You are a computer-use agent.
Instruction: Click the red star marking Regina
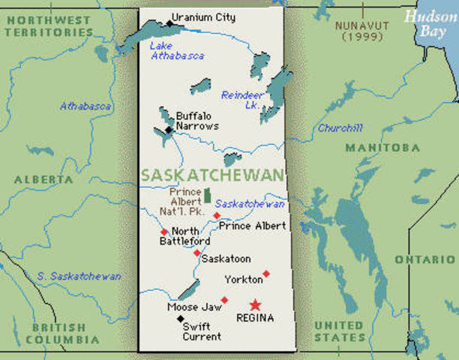[256, 304]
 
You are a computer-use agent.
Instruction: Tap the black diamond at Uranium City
[169, 23]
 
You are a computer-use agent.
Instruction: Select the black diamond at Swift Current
[179, 318]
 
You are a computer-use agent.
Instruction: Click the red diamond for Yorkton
[266, 274]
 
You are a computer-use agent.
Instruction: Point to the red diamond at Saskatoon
[196, 253]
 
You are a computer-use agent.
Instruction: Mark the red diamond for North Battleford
[164, 232]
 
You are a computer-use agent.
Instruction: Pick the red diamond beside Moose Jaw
[224, 300]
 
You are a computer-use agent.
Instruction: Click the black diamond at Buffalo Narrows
[169, 130]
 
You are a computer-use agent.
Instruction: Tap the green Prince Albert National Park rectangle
[207, 195]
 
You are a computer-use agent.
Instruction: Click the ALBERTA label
[37, 180]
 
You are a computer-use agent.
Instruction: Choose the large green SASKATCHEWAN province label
[212, 175]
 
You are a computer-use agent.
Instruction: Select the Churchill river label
[340, 128]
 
